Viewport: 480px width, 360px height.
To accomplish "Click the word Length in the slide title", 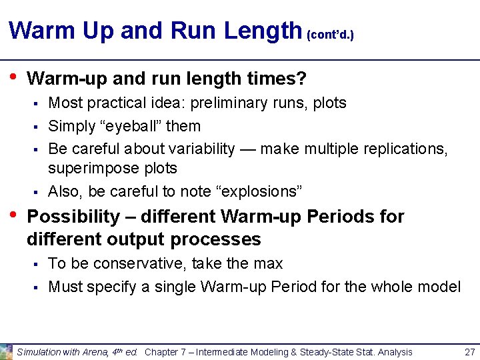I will click(263, 31).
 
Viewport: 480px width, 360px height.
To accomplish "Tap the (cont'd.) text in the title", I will click(330, 34).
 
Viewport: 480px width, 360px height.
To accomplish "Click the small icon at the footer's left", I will click(6, 351).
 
